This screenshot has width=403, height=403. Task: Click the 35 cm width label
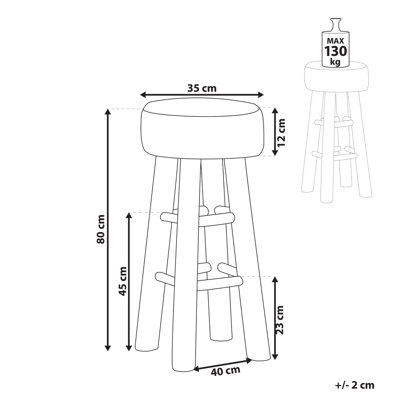[x=202, y=88]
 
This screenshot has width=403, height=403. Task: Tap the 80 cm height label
[x=101, y=229]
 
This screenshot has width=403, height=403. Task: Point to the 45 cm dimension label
[x=122, y=281]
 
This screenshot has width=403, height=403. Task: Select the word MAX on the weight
[x=335, y=40]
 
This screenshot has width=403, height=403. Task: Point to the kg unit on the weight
[x=335, y=62]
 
